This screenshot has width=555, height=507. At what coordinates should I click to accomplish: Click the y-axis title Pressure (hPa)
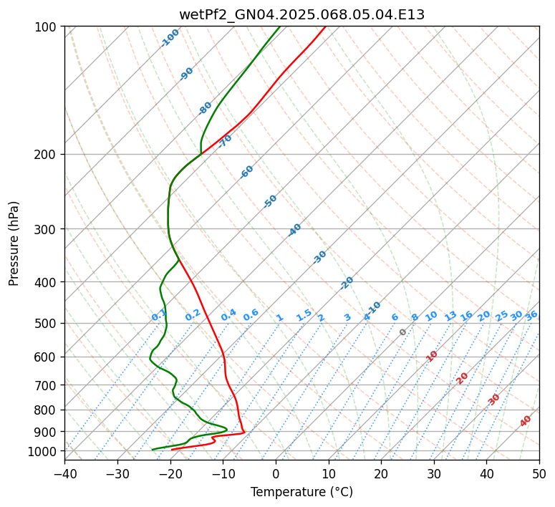[14, 243]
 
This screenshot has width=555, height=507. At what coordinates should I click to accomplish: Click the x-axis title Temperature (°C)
[301, 492]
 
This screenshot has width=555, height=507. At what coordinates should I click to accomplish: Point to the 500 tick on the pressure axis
[47, 324]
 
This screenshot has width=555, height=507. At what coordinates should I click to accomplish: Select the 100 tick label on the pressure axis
[47, 27]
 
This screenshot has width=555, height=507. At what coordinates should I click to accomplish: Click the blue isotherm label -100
[170, 38]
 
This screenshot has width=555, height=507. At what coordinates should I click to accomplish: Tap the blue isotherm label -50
[270, 201]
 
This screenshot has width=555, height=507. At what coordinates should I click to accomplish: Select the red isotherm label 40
[526, 421]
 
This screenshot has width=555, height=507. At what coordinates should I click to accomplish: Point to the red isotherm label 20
[463, 377]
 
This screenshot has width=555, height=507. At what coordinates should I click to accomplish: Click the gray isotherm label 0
[402, 332]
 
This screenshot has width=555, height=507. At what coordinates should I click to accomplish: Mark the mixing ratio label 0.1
[159, 315]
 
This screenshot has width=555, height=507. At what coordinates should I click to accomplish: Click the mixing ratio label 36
[531, 316]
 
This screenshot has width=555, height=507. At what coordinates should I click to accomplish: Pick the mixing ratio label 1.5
[304, 315]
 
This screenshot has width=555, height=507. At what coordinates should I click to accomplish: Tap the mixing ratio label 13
[450, 316]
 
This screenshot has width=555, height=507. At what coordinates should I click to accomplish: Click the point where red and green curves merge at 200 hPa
[201, 153]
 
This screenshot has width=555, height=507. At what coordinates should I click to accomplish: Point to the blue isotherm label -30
[320, 256]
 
